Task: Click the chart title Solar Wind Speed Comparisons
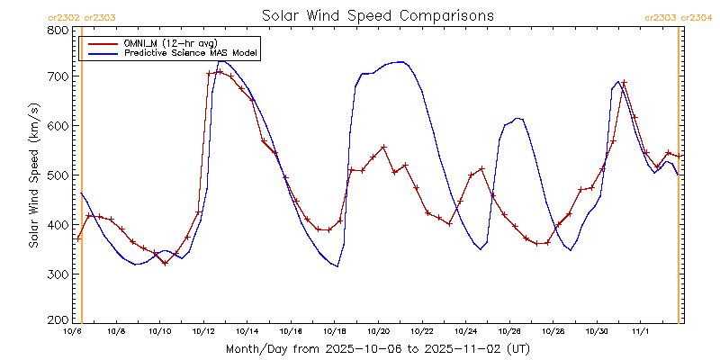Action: point(378,15)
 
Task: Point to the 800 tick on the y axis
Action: point(58,30)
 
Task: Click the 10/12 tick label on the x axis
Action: point(203,332)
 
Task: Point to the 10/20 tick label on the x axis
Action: point(379,332)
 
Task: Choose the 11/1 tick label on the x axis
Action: point(641,332)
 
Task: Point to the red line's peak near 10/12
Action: point(220,71)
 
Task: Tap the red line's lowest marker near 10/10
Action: point(165,263)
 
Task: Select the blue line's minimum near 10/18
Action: point(337,266)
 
